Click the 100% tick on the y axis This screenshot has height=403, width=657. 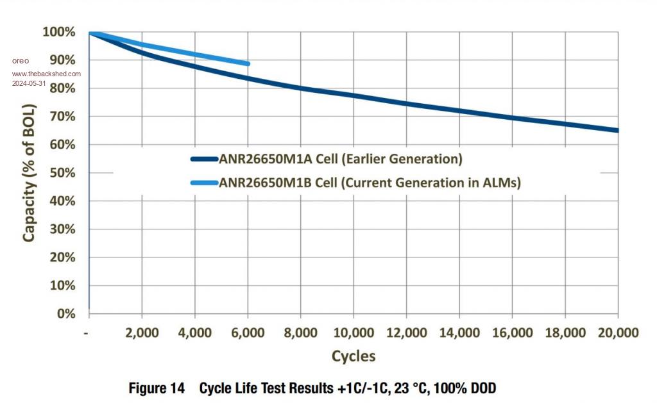59,32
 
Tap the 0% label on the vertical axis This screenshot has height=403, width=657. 65,313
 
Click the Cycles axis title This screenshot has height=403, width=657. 354,356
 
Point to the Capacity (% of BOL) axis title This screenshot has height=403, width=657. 29,173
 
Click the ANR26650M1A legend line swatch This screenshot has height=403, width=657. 204,159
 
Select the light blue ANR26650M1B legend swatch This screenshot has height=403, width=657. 204,183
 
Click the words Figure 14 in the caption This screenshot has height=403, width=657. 157,388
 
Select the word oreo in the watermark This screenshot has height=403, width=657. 21,61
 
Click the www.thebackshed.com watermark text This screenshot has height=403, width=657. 46,74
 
